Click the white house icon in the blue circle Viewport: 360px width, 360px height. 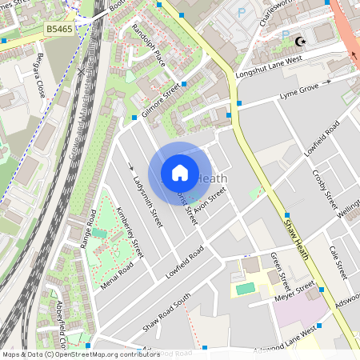(x=180, y=173)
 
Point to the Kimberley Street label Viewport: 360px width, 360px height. (x=129, y=232)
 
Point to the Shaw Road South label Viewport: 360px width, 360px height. (x=166, y=312)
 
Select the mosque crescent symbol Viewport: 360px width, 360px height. (x=301, y=41)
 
